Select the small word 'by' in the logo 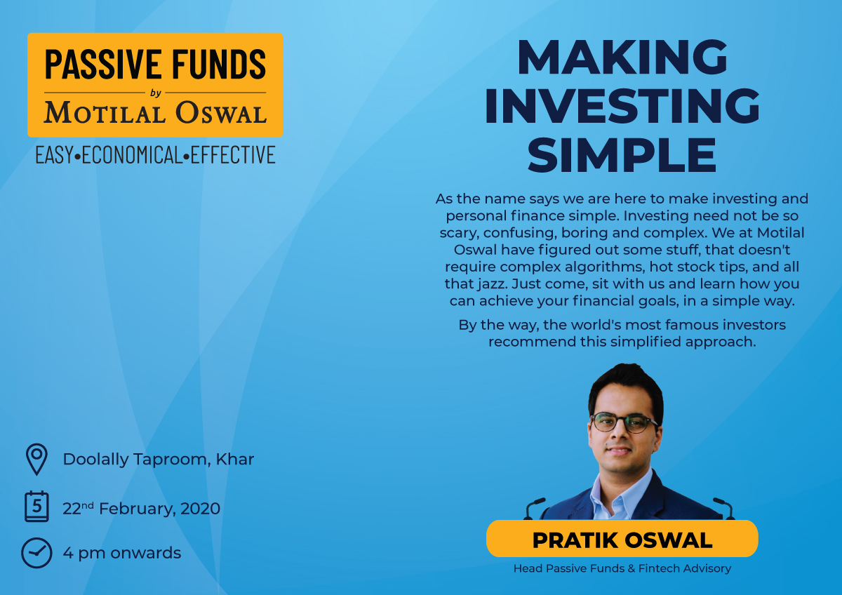[156, 93]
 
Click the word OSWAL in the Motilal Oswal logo [221, 112]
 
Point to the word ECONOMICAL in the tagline [132, 155]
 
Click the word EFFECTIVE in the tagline [233, 155]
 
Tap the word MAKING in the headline [622, 57]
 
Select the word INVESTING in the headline [622, 106]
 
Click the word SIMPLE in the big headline [622, 154]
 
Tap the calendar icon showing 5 [36, 506]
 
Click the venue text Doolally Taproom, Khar [159, 460]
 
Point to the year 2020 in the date [200, 509]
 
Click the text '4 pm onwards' [122, 553]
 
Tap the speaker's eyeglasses [624, 422]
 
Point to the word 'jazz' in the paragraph [492, 284]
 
